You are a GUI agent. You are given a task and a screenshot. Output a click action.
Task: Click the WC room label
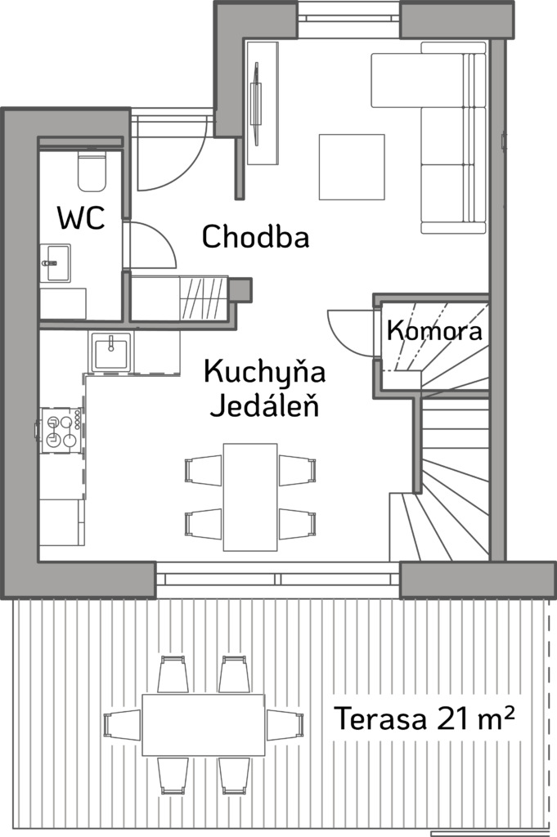pyautogui.click(x=81, y=217)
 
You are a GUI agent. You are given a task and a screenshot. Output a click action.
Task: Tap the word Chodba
pyautogui.click(x=256, y=236)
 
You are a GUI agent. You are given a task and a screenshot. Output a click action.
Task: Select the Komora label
pyautogui.click(x=434, y=330)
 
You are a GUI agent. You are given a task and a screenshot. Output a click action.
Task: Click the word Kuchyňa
pyautogui.click(x=264, y=372)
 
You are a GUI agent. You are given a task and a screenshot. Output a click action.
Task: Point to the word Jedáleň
pyautogui.click(x=264, y=405)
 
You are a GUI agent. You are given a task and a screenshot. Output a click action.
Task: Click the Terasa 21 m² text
pyautogui.click(x=424, y=718)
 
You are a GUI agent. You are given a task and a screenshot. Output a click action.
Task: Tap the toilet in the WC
pyautogui.click(x=92, y=171)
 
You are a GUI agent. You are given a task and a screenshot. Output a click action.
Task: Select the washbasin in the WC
pyautogui.click(x=56, y=263)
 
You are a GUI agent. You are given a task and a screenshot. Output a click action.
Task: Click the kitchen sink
pyautogui.click(x=111, y=351)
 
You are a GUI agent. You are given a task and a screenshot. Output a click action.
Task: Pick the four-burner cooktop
pyautogui.click(x=61, y=430)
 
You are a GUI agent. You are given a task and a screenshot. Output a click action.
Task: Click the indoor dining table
pyautogui.click(x=250, y=497)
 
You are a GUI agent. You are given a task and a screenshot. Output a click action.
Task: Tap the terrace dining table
pyautogui.click(x=204, y=724)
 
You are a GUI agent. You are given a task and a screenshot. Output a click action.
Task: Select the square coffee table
pyautogui.click(x=352, y=167)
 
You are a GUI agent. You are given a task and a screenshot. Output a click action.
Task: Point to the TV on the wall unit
pyautogui.click(x=257, y=104)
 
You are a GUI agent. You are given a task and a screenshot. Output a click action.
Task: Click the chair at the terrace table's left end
pyautogui.click(x=122, y=725)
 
